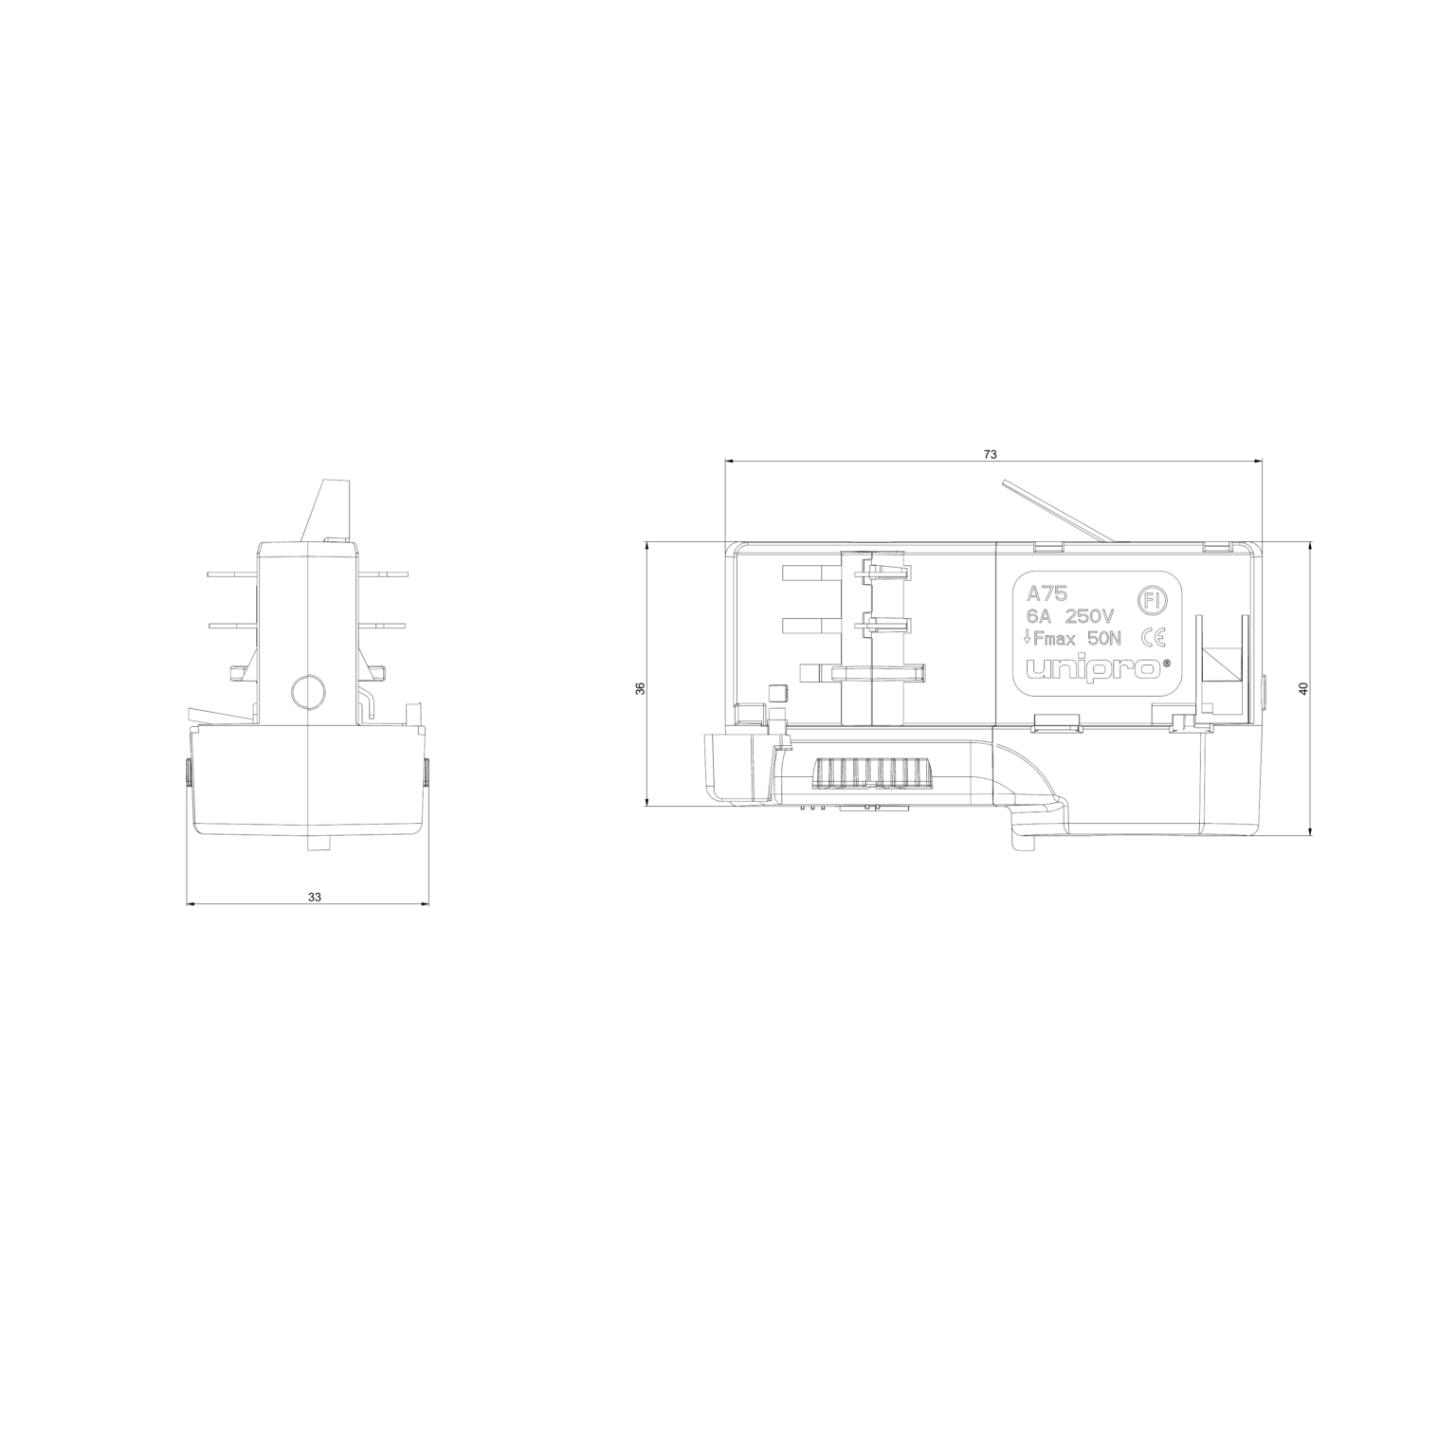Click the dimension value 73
tap(990, 455)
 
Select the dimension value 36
tap(640, 689)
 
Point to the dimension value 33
tap(315, 897)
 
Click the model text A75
tap(1047, 593)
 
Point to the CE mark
tap(1154, 637)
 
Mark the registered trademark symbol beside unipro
tap(1167, 664)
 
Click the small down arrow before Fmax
tap(1029, 639)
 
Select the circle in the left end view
tap(308, 692)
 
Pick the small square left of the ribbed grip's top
tap(778, 693)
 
